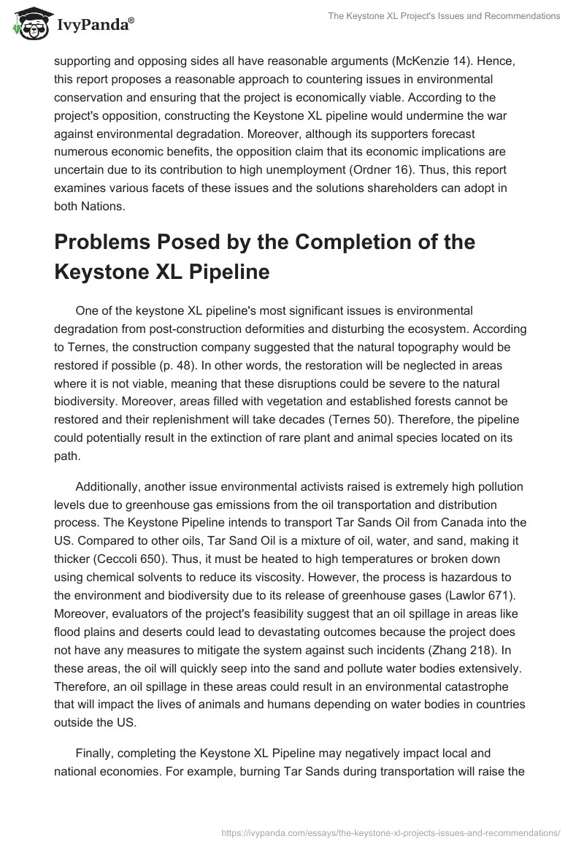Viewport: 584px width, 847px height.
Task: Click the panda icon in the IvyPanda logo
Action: click(28, 25)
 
